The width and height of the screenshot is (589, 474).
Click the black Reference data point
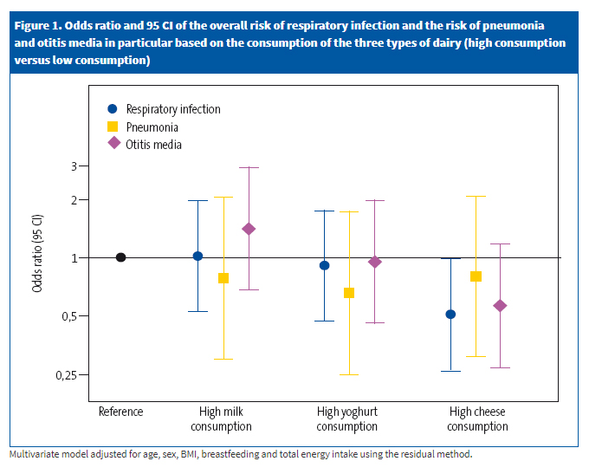click(121, 257)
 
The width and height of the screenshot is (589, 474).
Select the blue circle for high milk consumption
click(197, 256)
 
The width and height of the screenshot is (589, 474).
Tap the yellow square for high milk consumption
click(223, 278)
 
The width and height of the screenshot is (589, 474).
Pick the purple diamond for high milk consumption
click(249, 229)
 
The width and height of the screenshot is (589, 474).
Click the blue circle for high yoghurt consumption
click(325, 265)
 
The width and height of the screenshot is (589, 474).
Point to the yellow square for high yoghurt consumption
click(349, 293)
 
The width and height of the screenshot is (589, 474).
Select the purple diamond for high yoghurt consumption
click(375, 262)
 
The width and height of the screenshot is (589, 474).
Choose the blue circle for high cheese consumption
click(450, 315)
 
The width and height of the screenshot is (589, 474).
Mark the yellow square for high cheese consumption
click(476, 276)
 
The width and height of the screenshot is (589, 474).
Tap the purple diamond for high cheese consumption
click(500, 306)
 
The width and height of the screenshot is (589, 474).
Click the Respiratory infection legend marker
click(112, 109)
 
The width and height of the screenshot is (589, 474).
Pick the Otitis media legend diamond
click(112, 145)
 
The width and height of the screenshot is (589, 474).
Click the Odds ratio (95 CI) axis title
click(37, 257)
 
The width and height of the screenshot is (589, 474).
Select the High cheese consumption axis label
click(478, 419)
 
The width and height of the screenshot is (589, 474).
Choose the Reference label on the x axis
click(120, 412)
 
